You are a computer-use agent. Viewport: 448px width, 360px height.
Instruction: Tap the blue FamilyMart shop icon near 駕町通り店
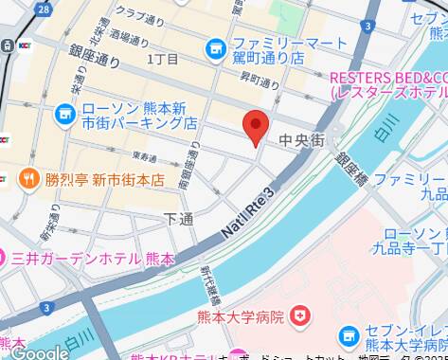[x=216, y=44]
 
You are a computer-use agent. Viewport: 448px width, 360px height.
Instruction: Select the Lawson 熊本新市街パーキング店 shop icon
[x=65, y=116]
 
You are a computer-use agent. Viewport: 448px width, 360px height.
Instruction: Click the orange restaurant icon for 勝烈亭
[x=29, y=178]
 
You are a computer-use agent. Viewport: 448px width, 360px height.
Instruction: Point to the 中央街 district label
[x=302, y=139]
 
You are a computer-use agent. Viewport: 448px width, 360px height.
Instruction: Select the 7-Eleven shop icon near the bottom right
[x=349, y=336]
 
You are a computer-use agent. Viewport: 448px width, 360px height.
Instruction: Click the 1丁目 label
[x=162, y=60]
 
